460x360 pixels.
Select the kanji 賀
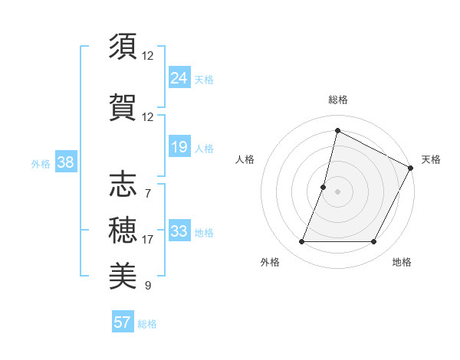click(123, 106)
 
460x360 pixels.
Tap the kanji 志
click(123, 185)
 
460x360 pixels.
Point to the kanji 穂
click(123, 229)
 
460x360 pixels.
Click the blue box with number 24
click(179, 78)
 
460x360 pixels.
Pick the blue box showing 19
click(179, 147)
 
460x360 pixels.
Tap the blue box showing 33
click(179, 231)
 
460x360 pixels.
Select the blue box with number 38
click(65, 162)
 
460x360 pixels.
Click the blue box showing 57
click(123, 322)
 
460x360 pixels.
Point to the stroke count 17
click(147, 240)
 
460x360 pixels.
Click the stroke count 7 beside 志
click(147, 193)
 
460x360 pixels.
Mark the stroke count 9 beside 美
click(147, 286)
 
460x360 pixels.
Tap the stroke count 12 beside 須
click(147, 55)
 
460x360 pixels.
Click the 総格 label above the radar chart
click(337, 100)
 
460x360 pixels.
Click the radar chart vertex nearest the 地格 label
click(374, 242)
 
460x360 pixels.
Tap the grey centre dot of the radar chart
click(337, 191)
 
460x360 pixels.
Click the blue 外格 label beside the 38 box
click(40, 163)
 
